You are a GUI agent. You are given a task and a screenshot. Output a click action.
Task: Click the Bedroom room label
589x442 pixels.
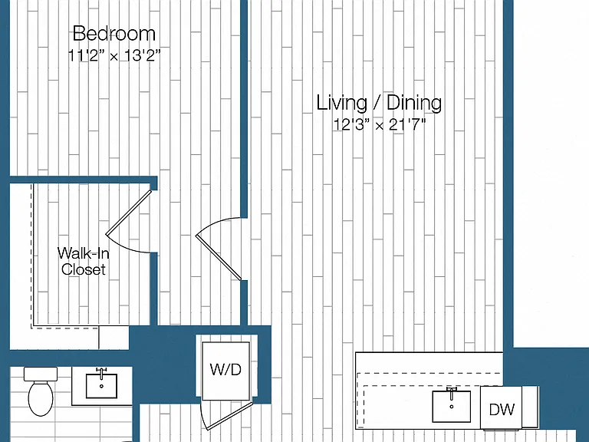point(114,34)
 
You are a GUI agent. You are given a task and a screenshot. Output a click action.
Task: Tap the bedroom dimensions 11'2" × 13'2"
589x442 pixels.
point(114,55)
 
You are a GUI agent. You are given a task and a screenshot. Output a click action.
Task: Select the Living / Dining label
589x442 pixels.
point(379,103)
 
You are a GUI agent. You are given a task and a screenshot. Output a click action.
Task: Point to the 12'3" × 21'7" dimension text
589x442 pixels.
point(380,124)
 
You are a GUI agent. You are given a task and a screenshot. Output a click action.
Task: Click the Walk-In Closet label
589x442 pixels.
point(84,261)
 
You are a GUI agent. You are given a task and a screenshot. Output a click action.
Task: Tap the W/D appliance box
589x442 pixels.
point(225,371)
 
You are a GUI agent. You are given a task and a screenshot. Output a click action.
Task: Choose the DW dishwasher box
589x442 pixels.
point(502,408)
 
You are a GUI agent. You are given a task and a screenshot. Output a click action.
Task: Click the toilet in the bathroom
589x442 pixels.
point(41,391)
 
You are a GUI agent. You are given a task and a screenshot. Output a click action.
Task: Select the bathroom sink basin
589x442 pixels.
point(101,386)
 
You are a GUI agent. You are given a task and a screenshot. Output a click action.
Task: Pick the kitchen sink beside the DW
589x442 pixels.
point(452,406)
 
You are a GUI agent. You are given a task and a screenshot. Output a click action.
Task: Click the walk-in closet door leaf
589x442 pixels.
point(129,213)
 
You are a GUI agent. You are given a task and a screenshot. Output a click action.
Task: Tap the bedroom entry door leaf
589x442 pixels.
point(219,258)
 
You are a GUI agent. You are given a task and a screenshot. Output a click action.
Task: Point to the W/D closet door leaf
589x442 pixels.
point(228,416)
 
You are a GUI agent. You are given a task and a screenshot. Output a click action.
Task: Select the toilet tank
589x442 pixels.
point(41,374)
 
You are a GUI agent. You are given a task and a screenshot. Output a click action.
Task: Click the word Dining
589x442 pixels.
point(414,103)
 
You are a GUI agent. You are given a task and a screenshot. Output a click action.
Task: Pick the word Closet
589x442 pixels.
point(84,269)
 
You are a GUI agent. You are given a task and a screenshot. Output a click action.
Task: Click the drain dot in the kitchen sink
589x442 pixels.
point(452,407)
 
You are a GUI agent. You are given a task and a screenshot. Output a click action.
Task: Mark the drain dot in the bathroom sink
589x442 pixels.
point(101,386)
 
